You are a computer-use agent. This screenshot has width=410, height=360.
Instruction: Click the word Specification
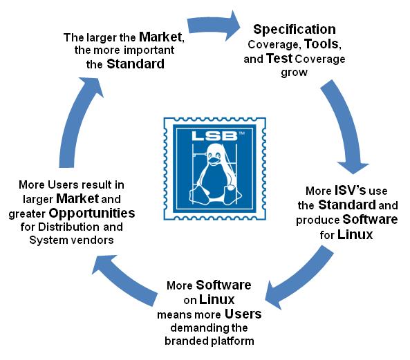click(x=295, y=30)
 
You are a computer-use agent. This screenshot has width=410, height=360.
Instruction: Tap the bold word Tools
click(x=322, y=44)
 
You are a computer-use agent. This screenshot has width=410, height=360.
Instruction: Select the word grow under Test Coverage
click(x=294, y=73)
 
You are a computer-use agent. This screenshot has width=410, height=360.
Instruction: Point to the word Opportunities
click(x=92, y=214)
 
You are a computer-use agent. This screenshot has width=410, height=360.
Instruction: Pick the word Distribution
click(x=68, y=227)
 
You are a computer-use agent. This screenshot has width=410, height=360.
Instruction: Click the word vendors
click(x=93, y=240)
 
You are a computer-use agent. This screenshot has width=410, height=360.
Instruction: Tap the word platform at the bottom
click(x=232, y=341)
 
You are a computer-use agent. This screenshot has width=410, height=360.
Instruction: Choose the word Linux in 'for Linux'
click(x=355, y=234)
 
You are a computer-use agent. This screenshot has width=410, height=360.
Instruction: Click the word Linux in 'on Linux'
click(x=217, y=299)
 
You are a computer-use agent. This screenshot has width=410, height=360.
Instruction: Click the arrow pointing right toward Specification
click(x=214, y=26)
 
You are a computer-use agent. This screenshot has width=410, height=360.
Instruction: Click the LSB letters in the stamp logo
click(x=214, y=136)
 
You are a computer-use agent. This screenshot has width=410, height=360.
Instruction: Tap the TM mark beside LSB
click(x=241, y=133)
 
